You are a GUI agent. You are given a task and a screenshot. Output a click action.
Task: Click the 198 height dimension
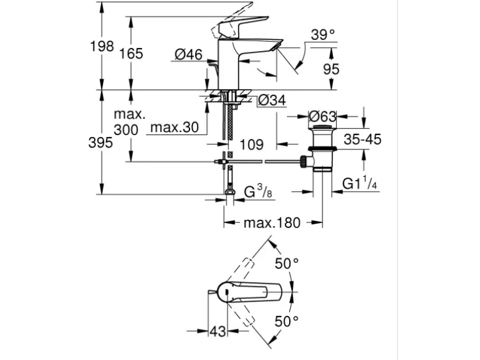(102, 46)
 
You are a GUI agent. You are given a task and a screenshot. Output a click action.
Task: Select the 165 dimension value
(132, 54)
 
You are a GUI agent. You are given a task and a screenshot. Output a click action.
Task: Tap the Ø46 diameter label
(188, 55)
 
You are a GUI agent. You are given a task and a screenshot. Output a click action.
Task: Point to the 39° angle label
(323, 35)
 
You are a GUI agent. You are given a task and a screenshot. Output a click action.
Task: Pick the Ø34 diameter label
(271, 100)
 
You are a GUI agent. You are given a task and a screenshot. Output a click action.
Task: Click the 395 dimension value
(100, 143)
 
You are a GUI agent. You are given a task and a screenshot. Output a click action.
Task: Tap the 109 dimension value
(251, 144)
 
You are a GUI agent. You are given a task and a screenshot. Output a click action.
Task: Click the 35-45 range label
(362, 139)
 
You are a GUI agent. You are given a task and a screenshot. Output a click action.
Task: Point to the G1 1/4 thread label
(360, 184)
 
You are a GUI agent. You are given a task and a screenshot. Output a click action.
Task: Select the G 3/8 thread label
(257, 192)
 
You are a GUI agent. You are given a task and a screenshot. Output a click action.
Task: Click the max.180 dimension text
(272, 222)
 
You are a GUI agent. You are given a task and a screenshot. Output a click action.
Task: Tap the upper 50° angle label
(287, 263)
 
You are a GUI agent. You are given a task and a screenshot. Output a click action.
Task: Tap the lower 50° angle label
(287, 321)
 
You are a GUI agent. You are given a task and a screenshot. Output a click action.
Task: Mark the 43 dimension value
(218, 331)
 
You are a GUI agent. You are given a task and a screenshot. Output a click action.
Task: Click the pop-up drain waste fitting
(323, 149)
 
